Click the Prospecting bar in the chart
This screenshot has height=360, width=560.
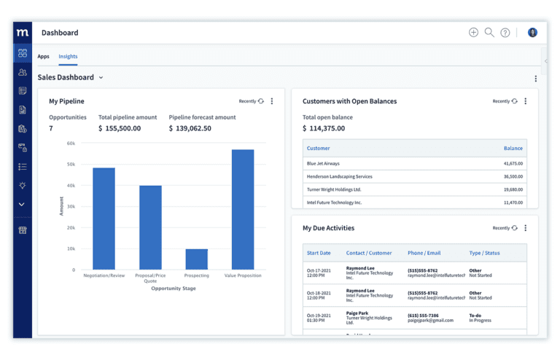(196, 259)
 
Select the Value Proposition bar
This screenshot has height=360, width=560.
(243, 210)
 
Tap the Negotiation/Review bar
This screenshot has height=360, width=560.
(104, 219)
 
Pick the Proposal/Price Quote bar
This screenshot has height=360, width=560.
(150, 227)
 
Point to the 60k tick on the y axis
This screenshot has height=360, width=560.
(71, 144)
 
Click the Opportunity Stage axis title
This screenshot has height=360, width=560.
(174, 289)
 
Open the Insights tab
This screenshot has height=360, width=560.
(68, 56)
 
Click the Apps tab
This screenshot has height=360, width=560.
(44, 56)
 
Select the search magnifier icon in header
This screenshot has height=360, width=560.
(489, 32)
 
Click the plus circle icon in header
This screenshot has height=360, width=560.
(473, 32)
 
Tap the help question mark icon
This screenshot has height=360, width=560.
(505, 33)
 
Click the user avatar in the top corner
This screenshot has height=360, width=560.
(532, 32)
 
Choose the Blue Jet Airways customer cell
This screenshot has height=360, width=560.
(323, 163)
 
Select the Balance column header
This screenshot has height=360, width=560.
(513, 148)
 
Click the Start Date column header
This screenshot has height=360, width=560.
(319, 253)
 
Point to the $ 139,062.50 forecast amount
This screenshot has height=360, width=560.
(190, 128)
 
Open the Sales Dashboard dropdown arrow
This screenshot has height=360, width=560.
(101, 77)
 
